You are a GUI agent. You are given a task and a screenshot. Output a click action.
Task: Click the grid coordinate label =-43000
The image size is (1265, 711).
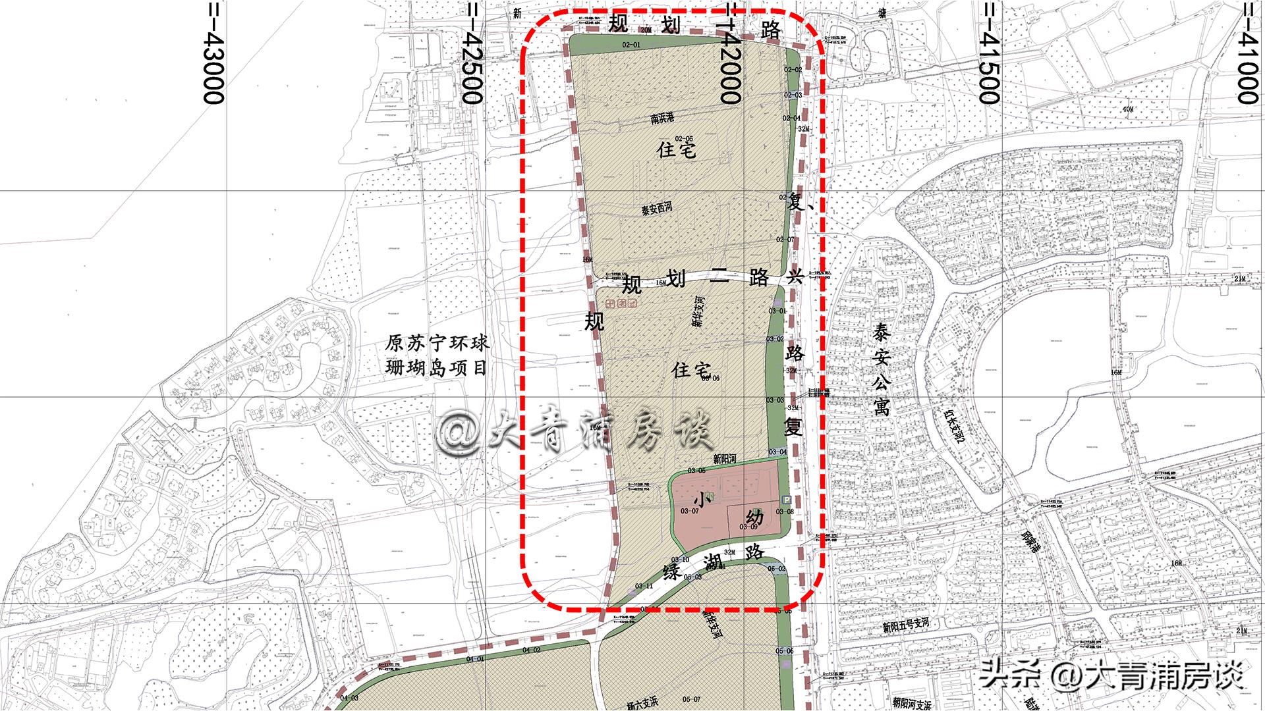[x=213, y=53]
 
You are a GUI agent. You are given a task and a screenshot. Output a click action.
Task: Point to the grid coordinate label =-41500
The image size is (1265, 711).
[x=990, y=53]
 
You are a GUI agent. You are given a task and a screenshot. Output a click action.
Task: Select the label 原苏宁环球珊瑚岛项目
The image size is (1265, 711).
[x=437, y=355]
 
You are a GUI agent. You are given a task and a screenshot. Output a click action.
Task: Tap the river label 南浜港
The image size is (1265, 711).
[x=662, y=118]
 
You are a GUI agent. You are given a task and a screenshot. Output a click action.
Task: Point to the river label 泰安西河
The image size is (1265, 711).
[x=656, y=210]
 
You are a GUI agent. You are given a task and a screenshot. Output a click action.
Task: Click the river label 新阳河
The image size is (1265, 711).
[x=724, y=458]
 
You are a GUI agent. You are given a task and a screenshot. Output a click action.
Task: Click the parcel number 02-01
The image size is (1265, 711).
[x=631, y=45]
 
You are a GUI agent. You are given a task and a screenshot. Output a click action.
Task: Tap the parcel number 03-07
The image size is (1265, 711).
[x=689, y=510]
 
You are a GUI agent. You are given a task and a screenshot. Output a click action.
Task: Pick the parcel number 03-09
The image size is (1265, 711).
[x=750, y=526]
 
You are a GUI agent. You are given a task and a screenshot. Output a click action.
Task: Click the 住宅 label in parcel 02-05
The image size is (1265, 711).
[x=676, y=150]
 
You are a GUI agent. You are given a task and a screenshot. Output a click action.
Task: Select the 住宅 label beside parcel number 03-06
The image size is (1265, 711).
[x=690, y=370]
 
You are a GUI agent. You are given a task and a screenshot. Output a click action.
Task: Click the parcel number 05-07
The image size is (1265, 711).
[x=691, y=699]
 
